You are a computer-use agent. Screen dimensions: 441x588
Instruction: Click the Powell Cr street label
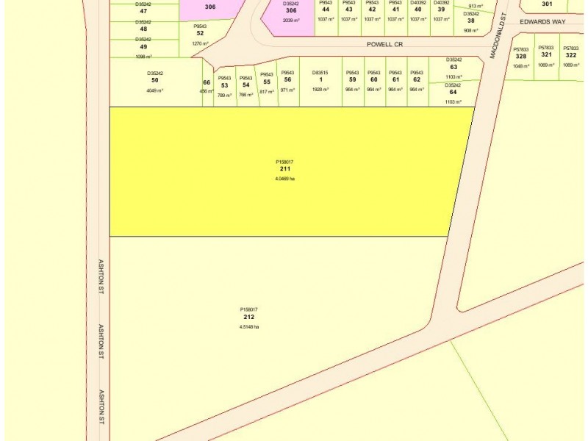click(385, 44)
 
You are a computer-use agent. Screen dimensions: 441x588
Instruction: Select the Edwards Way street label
click(542, 22)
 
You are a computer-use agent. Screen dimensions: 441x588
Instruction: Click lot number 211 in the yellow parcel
click(284, 169)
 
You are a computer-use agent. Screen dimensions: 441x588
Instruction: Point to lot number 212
click(248, 317)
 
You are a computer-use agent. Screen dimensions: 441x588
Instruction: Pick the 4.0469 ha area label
click(284, 179)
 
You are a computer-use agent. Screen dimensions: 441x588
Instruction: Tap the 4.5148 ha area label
click(249, 326)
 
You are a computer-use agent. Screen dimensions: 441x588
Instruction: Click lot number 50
click(154, 80)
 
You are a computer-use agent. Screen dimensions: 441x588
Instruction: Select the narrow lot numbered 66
click(207, 82)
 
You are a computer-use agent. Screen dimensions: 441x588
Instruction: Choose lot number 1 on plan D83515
click(320, 79)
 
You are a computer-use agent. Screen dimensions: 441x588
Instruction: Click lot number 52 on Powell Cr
click(200, 33)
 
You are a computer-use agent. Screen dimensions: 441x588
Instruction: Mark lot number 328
click(521, 56)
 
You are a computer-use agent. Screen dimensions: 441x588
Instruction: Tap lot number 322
click(571, 54)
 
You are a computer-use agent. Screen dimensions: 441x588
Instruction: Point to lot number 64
click(453, 92)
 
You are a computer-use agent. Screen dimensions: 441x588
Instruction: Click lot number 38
click(471, 21)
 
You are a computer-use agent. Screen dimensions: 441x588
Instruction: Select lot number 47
click(143, 11)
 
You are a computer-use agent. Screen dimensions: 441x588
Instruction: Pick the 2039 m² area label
click(290, 21)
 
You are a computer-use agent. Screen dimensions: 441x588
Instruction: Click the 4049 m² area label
click(154, 90)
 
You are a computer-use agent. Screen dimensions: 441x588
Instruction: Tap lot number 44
click(326, 10)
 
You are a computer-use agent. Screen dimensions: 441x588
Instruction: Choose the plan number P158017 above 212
click(248, 309)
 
